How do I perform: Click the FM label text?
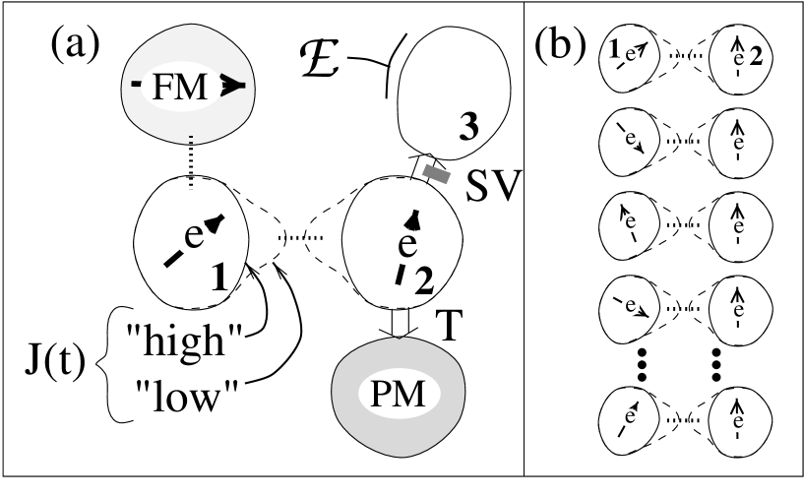click(180, 87)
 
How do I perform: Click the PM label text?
click(398, 394)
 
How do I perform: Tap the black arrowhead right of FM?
click(232, 87)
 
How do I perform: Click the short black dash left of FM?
click(136, 85)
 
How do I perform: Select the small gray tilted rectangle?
click(436, 174)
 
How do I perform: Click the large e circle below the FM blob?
click(194, 237)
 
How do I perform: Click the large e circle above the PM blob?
click(407, 246)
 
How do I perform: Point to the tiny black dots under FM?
click(191, 140)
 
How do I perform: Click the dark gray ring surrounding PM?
click(398, 438)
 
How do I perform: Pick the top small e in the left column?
click(630, 55)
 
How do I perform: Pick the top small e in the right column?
click(738, 60)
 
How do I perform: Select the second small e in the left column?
click(630, 139)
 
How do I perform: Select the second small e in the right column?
click(738, 144)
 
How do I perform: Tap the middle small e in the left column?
click(630, 222)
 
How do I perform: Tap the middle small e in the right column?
click(738, 227)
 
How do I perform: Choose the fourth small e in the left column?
click(630, 306)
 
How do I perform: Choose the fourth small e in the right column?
click(738, 311)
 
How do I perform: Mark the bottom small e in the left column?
click(630, 417)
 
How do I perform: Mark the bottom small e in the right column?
click(738, 422)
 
